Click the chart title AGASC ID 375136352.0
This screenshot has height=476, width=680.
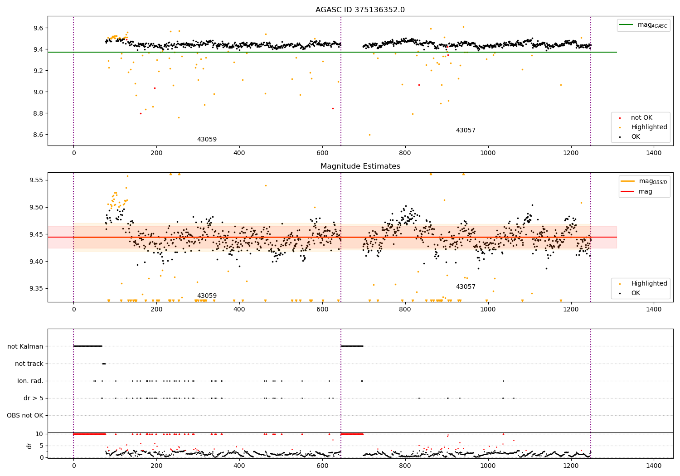point(360,10)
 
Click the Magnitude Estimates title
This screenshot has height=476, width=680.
point(360,166)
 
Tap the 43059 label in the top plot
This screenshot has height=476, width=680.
point(207,139)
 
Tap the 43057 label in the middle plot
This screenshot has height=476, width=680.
point(466,287)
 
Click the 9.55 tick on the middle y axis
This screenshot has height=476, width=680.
point(34,180)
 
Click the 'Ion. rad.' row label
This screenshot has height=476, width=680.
point(30,381)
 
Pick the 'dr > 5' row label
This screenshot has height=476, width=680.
point(33,398)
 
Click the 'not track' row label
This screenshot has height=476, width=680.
point(29,364)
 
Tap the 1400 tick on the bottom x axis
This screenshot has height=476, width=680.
point(654,465)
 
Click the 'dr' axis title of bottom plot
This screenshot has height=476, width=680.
point(29,446)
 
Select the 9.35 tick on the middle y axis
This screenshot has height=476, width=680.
point(34,288)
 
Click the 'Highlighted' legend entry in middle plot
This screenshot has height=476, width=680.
point(649,284)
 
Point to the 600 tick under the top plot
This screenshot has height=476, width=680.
point(322,153)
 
